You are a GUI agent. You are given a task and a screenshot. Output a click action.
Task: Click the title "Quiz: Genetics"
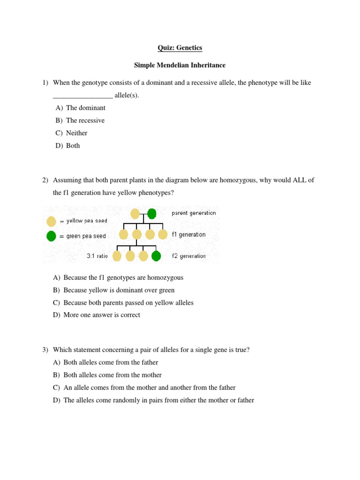click(x=180, y=48)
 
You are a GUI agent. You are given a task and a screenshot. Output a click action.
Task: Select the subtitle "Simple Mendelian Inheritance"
click(x=180, y=65)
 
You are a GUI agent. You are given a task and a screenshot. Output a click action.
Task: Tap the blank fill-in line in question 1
click(x=82, y=96)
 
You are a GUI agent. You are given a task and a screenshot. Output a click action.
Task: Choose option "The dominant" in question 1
click(x=85, y=108)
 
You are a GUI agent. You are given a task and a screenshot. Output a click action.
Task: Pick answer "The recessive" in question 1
click(x=85, y=120)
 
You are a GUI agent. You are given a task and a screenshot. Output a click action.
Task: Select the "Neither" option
click(x=76, y=133)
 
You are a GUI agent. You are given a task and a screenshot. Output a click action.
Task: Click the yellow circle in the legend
click(x=52, y=221)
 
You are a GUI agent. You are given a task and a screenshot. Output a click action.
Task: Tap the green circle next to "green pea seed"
click(x=52, y=236)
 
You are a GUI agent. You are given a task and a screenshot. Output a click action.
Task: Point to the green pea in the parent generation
click(x=151, y=214)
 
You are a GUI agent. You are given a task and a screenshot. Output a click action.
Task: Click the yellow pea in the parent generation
click(x=135, y=214)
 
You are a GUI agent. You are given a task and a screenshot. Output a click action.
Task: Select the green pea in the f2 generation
click(x=156, y=256)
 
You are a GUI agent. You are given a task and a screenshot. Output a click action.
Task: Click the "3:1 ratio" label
click(x=97, y=256)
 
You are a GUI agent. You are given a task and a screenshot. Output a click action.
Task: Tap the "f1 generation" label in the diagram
click(x=188, y=234)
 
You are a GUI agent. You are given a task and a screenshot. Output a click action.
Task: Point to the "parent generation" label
click(x=194, y=213)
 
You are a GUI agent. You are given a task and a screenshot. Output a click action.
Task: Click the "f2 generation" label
click(x=188, y=256)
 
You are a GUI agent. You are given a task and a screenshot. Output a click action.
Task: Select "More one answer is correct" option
click(x=101, y=315)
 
